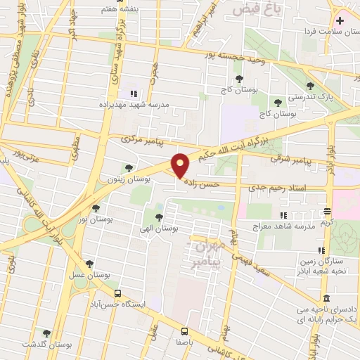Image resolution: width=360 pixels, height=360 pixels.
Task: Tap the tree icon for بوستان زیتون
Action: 128,167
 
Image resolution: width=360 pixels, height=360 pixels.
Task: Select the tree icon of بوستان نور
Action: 97,207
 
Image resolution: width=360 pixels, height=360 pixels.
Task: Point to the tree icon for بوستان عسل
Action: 89,264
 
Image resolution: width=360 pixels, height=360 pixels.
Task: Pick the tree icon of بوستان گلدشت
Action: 47,333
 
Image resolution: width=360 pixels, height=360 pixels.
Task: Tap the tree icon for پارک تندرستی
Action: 310,85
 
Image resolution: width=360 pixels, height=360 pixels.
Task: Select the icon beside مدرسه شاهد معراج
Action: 283,215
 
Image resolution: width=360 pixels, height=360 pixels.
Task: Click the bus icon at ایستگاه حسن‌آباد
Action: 117,292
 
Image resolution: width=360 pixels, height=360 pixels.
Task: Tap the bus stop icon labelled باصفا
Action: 184,330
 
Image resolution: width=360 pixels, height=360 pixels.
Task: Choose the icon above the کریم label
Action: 328,211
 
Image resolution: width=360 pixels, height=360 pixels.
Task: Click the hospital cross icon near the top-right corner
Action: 341,20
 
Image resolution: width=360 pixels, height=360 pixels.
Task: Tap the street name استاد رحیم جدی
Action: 281,187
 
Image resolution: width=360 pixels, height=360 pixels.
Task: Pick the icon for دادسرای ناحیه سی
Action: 326,298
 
